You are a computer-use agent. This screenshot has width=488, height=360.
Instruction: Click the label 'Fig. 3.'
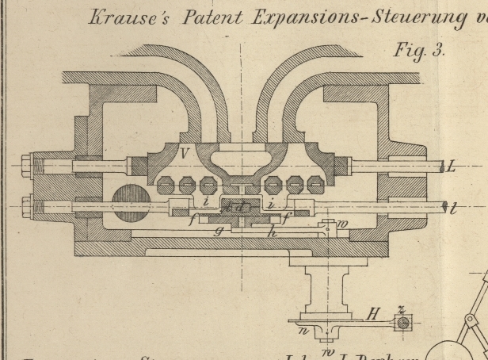(419, 51)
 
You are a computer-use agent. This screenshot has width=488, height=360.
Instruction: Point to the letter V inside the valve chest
(184, 154)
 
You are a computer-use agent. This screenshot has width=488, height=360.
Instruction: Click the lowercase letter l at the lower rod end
(453, 209)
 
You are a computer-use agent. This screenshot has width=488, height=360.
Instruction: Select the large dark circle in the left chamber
(129, 204)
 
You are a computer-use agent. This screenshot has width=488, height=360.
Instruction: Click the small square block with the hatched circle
(402, 324)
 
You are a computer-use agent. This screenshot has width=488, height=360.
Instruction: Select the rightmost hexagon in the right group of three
(315, 186)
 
